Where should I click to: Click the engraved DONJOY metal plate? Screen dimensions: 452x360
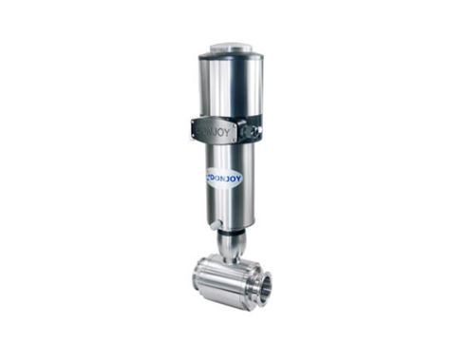pos(215,131)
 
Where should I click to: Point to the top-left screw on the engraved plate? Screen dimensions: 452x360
pos(195,123)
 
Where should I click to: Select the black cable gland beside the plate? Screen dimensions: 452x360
pos(251,129)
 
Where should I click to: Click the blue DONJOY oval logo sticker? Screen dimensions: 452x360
pos(224,179)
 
